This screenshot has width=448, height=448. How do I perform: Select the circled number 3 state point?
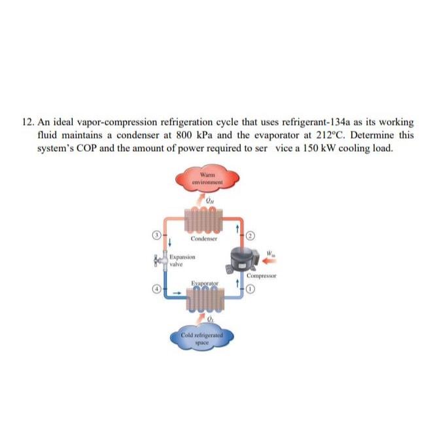pyautogui.click(x=156, y=233)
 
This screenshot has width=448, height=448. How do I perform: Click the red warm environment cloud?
pyautogui.click(x=208, y=179)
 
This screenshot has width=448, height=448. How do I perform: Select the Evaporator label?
pyautogui.click(x=203, y=283)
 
